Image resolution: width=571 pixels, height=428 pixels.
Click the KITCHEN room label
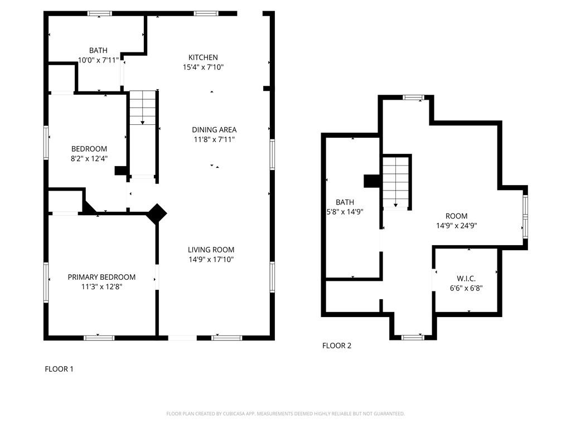click(x=203, y=57)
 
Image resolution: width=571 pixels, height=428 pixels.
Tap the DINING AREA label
click(x=214, y=129)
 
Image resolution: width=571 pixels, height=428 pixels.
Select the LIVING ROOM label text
click(x=211, y=250)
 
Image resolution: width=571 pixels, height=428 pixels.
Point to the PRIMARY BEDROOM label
click(x=101, y=277)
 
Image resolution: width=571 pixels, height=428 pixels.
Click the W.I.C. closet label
click(x=466, y=279)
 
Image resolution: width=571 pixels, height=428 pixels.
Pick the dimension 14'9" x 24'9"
click(x=456, y=226)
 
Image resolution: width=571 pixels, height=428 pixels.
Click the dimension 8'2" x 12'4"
click(x=89, y=158)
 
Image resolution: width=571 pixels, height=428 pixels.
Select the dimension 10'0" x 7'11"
click(x=98, y=60)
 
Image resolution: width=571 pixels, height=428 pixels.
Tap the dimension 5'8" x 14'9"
click(x=345, y=212)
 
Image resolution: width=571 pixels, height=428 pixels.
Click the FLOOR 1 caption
click(x=59, y=369)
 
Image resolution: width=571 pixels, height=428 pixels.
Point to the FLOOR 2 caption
click(x=337, y=346)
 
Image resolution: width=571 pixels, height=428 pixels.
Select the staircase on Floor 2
click(x=395, y=182)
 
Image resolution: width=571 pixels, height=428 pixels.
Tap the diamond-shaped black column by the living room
click(x=157, y=213)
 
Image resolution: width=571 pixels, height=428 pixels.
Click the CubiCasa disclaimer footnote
click(x=285, y=414)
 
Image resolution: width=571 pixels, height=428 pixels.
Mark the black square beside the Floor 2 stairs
click(x=371, y=181)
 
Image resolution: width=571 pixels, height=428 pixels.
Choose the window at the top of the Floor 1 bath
click(x=100, y=14)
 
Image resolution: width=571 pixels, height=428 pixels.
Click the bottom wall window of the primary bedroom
click(x=99, y=338)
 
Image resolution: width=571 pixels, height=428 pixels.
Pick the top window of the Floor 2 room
click(x=413, y=97)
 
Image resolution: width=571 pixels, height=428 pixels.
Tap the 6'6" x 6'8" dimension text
click(x=466, y=289)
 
